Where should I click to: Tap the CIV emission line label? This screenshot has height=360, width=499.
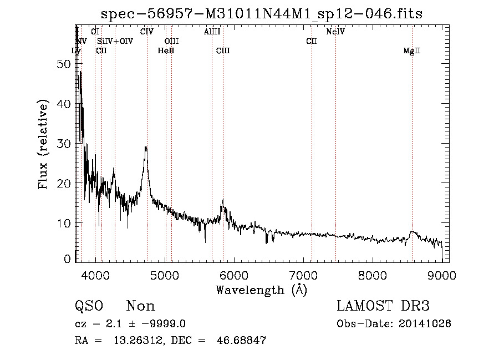pos(146,32)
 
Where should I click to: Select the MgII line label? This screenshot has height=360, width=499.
pos(412,51)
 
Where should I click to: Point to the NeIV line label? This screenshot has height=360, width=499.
pos(335,32)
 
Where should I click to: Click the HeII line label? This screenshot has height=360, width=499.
pos(166,51)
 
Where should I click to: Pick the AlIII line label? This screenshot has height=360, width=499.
pos(212,32)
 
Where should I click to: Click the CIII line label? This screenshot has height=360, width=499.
pos(223,51)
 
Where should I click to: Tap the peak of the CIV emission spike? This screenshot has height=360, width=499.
pos(146,148)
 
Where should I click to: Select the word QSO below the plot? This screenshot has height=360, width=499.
pos(89,306)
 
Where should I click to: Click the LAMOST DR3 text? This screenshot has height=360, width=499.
pos(383,306)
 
